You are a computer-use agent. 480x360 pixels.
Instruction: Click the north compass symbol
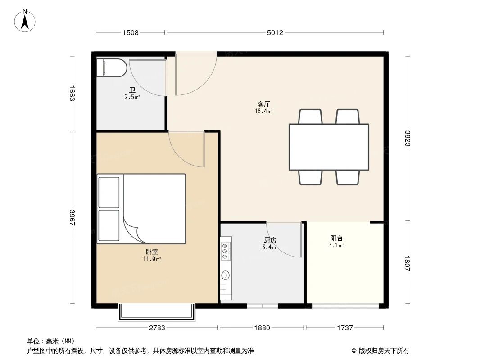click(26, 21)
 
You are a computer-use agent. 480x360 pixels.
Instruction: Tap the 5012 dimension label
click(274, 32)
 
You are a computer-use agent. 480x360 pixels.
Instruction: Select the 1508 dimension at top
click(131, 32)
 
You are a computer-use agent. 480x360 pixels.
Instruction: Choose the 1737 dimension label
click(344, 328)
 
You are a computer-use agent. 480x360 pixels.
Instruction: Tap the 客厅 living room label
click(264, 104)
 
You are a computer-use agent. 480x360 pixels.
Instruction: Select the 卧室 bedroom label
click(152, 252)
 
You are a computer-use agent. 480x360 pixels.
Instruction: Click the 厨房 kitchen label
click(270, 240)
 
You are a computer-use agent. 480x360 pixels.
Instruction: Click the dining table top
click(329, 147)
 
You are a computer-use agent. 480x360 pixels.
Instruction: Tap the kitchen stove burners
click(226, 251)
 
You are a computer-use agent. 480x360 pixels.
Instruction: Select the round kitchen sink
click(226, 275)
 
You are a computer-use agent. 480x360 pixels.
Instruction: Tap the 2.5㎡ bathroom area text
click(132, 97)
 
